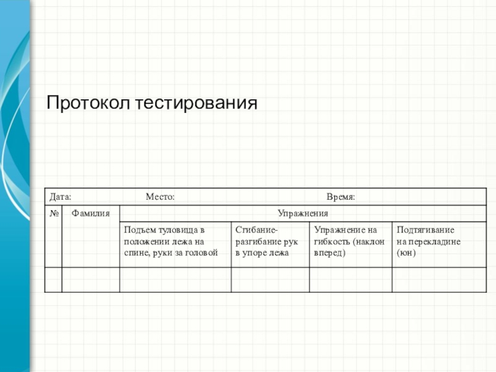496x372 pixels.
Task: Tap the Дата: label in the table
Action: pos(60,197)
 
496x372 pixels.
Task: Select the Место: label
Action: pos(160,197)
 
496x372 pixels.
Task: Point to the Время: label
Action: pos(340,197)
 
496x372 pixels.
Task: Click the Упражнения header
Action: pos(303,213)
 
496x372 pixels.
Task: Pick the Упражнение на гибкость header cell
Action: pos(350,241)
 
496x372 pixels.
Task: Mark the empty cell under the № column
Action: pos(54,280)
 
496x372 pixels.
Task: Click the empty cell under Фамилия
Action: pos(91,280)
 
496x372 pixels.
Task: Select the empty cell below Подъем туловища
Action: pos(175,280)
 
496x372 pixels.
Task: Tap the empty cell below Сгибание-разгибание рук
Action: pos(270,280)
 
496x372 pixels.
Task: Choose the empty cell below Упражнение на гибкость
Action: pos(350,280)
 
